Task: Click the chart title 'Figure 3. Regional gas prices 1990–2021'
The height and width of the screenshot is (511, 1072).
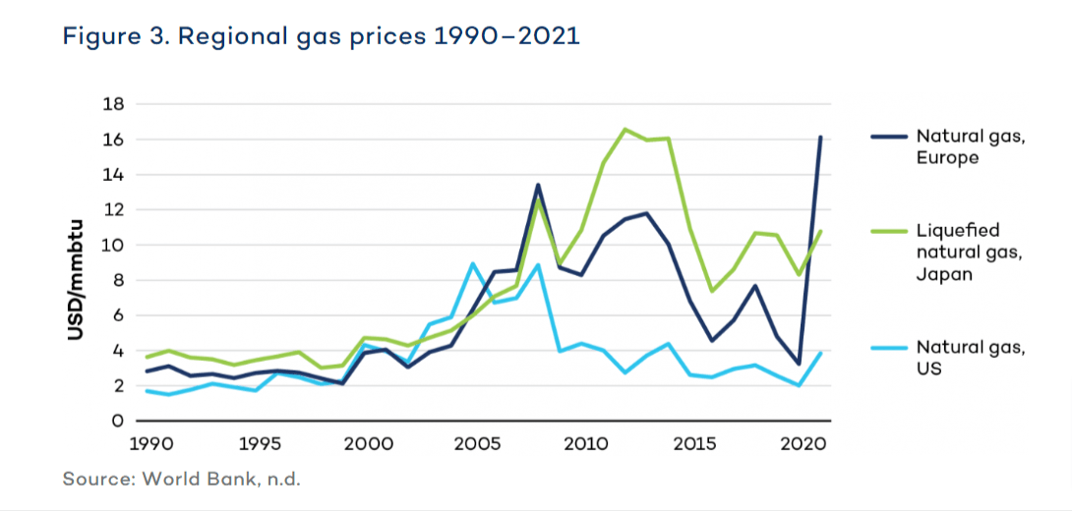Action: click(322, 37)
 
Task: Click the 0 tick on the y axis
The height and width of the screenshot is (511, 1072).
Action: click(117, 421)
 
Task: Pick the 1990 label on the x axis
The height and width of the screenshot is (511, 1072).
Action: click(146, 443)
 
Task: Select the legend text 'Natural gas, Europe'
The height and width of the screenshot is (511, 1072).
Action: click(971, 147)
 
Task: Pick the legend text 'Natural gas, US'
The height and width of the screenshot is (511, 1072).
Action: click(971, 357)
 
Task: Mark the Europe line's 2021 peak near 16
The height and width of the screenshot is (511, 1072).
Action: click(821, 138)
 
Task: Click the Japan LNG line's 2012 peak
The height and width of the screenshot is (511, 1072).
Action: click(625, 129)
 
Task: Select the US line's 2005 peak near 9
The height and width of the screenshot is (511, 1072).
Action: click(473, 263)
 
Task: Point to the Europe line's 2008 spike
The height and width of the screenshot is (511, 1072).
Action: click(538, 185)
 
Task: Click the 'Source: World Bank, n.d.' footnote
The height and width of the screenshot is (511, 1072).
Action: click(181, 479)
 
